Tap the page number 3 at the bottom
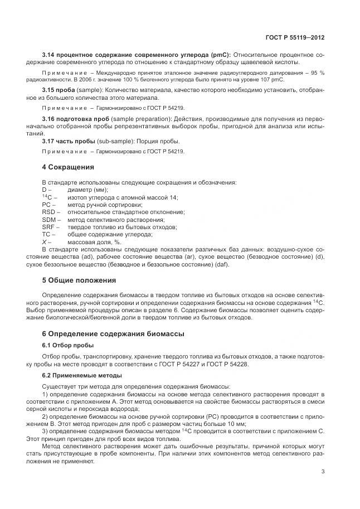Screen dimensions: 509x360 click(x=323, y=472)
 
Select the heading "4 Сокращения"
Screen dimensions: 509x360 click(x=68, y=167)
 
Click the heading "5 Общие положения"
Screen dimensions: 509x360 click(x=79, y=280)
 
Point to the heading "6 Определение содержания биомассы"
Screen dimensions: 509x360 click(x=113, y=333)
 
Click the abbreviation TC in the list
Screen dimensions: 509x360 click(x=46, y=235)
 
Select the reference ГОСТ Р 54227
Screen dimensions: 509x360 click(x=203, y=363)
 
